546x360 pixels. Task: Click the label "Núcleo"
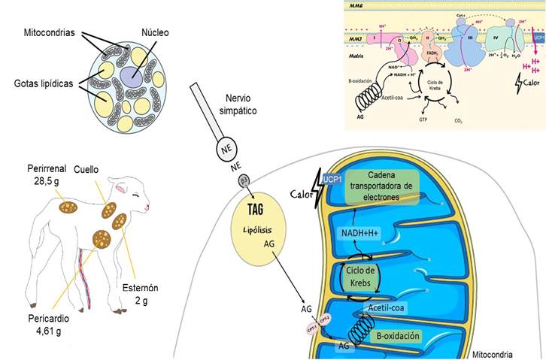153,32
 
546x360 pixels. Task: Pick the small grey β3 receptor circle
243,180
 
